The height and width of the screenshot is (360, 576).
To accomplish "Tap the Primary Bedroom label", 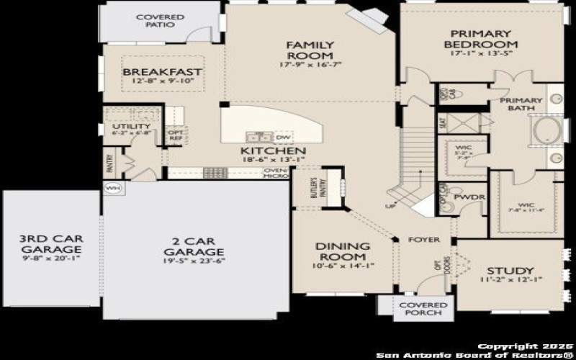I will tap(481, 39).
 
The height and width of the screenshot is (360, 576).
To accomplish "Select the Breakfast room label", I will tap(161, 73).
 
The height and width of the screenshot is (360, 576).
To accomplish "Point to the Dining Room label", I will tap(343, 252).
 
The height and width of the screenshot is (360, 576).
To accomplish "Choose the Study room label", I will tap(509, 270).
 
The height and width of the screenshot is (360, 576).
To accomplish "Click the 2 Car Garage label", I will tap(194, 246).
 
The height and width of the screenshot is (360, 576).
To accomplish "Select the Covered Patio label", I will tap(160, 21).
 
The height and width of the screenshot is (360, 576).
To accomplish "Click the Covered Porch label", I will tap(423, 310).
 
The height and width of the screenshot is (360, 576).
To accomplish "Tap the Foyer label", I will tap(423, 240).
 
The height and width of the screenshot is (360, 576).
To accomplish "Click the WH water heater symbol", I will tap(113, 188).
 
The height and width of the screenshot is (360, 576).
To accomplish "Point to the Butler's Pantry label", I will tap(314, 187).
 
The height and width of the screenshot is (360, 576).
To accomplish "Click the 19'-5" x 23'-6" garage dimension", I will tap(194, 261).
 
